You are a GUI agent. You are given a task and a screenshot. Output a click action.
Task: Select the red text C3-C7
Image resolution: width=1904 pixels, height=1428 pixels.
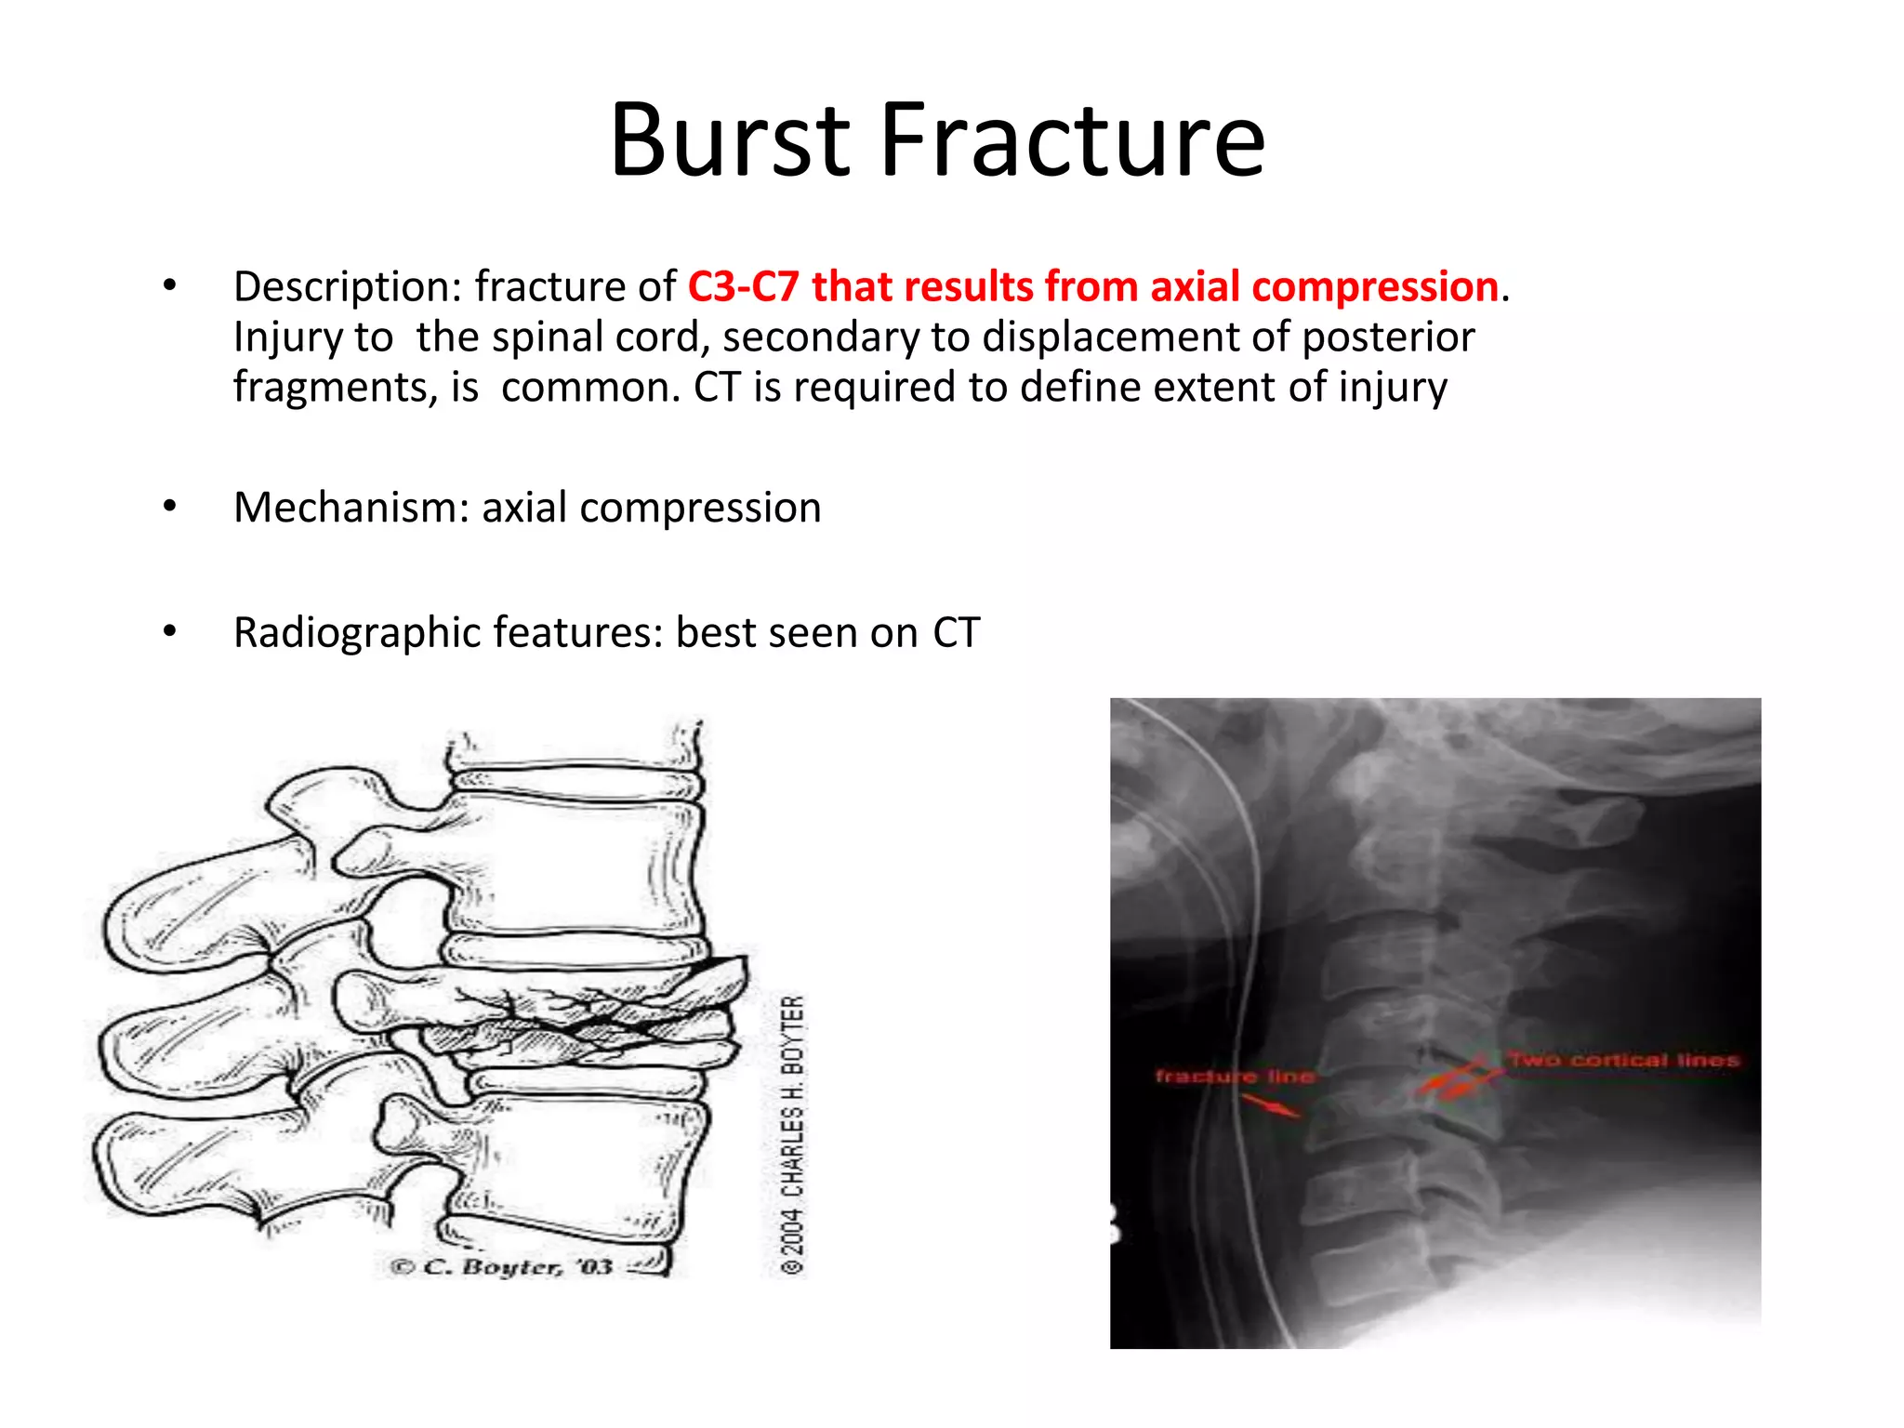point(743,286)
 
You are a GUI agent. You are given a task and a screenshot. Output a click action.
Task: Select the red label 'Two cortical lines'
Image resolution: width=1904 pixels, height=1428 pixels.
point(1623,1060)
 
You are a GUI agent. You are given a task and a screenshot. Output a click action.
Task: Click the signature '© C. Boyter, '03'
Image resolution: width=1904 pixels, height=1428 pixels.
point(502,1267)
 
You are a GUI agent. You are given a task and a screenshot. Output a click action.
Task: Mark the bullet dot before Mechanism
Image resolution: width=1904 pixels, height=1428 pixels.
point(169,508)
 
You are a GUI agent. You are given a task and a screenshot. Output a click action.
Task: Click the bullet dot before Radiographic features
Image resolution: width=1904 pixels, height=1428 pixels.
point(169,633)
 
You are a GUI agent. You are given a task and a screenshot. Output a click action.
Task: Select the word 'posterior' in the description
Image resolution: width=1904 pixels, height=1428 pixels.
point(1388,337)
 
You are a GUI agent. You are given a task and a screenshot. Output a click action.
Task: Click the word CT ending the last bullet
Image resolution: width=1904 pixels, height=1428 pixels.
point(956,633)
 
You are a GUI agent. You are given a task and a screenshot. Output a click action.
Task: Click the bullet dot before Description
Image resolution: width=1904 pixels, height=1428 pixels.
point(169,286)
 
